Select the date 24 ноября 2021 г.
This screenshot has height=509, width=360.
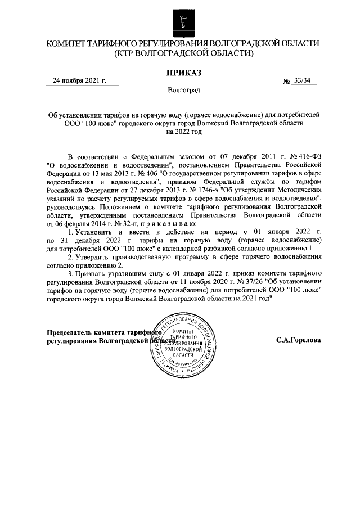[x=79, y=81]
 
